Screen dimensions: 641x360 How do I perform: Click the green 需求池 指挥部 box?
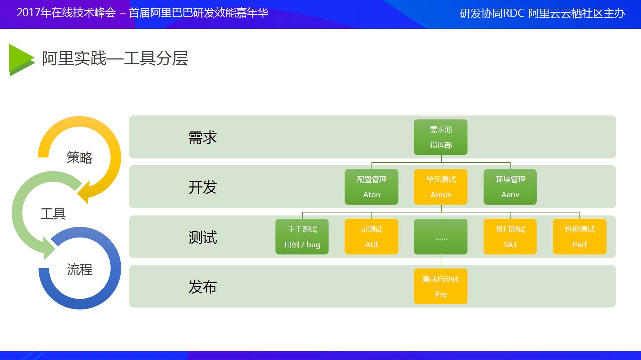point(441,137)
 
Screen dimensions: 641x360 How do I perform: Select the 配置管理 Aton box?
point(371,187)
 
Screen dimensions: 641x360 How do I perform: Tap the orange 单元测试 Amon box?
point(441,187)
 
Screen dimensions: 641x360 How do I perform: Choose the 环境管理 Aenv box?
point(510,187)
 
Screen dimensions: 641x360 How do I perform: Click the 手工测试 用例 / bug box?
point(302,237)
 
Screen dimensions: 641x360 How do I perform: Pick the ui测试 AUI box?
point(371,237)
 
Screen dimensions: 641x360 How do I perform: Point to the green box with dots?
point(441,237)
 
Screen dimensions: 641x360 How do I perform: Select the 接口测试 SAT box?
point(510,237)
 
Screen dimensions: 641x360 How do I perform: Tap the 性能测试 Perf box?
point(580,237)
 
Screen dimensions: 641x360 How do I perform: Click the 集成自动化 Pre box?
point(441,286)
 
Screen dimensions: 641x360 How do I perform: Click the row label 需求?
point(203,137)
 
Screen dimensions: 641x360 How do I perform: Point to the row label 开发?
point(203,187)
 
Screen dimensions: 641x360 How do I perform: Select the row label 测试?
point(203,237)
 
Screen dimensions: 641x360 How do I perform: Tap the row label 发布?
point(203,287)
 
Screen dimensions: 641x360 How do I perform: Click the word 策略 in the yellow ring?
point(80,158)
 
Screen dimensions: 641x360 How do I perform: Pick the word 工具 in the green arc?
point(53,214)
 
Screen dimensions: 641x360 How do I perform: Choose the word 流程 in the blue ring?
point(80,270)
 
